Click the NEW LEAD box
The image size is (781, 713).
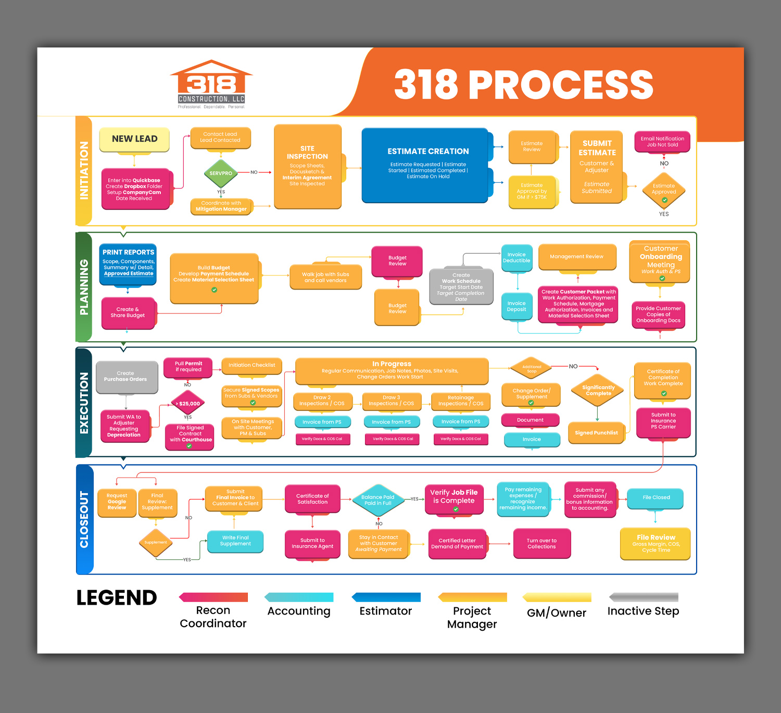(134, 139)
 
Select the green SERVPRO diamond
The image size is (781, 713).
(221, 173)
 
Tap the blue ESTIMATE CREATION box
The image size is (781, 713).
(425, 164)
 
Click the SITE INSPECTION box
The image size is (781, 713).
(307, 166)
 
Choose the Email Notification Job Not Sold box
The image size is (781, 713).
(662, 142)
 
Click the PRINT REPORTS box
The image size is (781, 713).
(128, 264)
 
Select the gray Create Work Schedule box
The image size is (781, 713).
(461, 287)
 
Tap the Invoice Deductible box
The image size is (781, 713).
(517, 258)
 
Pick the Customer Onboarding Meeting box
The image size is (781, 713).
(660, 261)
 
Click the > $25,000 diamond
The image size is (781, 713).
(188, 404)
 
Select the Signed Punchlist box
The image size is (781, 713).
(596, 433)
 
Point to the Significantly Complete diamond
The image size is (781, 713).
(598, 391)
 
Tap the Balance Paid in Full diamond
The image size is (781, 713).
(378, 500)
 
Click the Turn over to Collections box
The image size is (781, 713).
(541, 544)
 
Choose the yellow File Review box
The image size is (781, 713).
(656, 543)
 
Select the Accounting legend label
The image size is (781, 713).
(299, 611)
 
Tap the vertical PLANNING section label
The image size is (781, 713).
(84, 287)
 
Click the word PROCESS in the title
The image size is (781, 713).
(561, 84)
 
